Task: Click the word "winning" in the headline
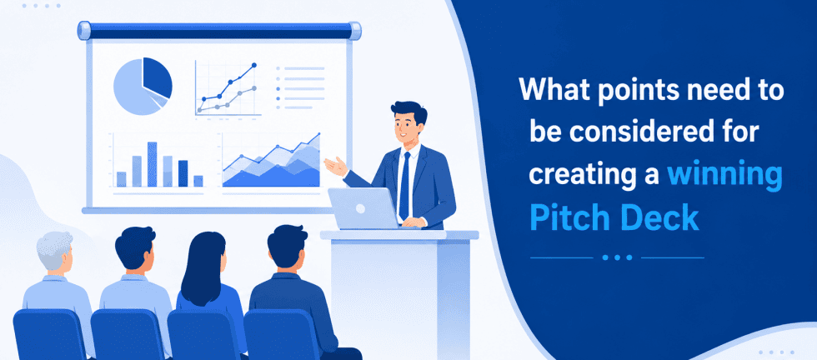[724, 175]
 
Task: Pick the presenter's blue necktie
[405, 185]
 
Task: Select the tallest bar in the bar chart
[152, 164]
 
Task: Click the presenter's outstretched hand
[335, 167]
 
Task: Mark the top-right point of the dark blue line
[253, 65]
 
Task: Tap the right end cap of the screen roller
[355, 31]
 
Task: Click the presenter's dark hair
[409, 112]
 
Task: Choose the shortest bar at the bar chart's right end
[198, 181]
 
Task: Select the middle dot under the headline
[617, 257]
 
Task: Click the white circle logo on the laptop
[360, 209]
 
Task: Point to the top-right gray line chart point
[253, 88]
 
